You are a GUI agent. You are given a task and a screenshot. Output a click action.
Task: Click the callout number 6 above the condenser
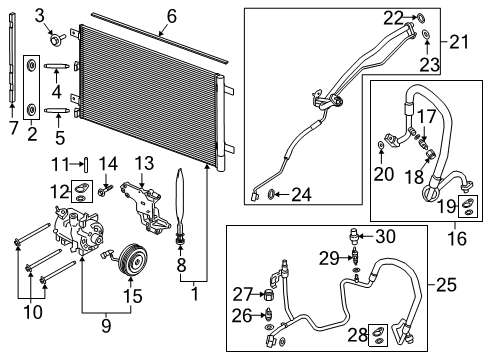tap(171, 15)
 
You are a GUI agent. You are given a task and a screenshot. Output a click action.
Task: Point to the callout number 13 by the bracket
tap(144, 163)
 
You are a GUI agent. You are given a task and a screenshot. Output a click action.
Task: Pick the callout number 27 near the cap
tap(243, 294)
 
